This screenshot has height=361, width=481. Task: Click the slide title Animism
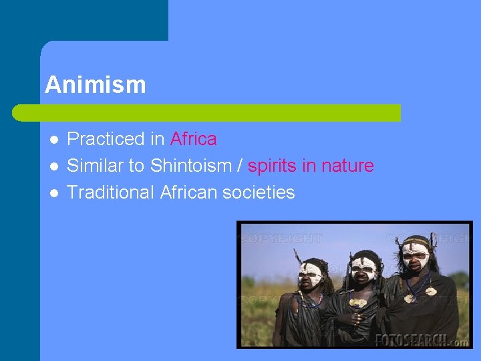click(95, 85)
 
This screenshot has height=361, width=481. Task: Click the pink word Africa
click(193, 139)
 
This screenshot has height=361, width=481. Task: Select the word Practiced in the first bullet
click(106, 139)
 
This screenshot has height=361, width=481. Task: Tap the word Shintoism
click(190, 166)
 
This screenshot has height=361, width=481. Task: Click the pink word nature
click(347, 166)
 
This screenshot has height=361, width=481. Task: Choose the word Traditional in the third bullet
click(110, 193)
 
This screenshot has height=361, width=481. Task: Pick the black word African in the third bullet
click(188, 193)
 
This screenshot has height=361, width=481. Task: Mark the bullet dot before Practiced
click(53, 140)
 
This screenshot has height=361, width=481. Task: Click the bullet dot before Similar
click(53, 166)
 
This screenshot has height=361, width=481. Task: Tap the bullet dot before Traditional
click(53, 193)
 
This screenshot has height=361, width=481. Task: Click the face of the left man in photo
click(311, 273)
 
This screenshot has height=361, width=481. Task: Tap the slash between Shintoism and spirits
click(238, 166)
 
